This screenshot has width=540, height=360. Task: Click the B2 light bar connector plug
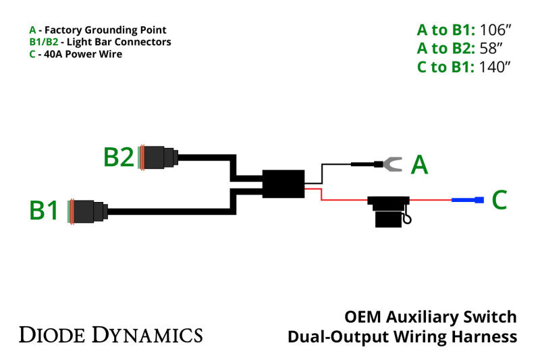click(x=158, y=157)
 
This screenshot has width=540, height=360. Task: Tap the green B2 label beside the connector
click(x=119, y=157)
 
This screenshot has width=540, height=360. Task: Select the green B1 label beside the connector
click(x=45, y=211)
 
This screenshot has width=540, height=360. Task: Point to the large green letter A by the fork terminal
click(x=420, y=164)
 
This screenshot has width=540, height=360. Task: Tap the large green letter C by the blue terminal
click(x=499, y=200)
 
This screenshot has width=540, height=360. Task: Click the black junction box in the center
click(x=283, y=184)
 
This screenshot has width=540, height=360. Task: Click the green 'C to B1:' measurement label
click(x=446, y=67)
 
